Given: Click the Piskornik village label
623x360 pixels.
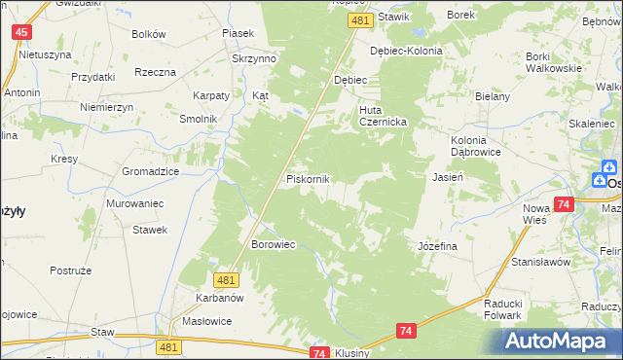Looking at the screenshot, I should click(309, 180).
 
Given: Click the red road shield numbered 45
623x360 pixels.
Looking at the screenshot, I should click(21, 32).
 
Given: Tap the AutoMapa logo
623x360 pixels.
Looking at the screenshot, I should click(560, 339).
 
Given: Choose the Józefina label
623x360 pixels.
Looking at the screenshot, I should click(437, 247).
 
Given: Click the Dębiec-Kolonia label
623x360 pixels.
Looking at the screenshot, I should click(406, 51).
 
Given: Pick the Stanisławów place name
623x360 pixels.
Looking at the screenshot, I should click(540, 263).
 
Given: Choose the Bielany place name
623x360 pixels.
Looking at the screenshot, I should click(493, 98).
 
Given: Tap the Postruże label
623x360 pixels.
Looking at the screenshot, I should click(70, 270).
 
